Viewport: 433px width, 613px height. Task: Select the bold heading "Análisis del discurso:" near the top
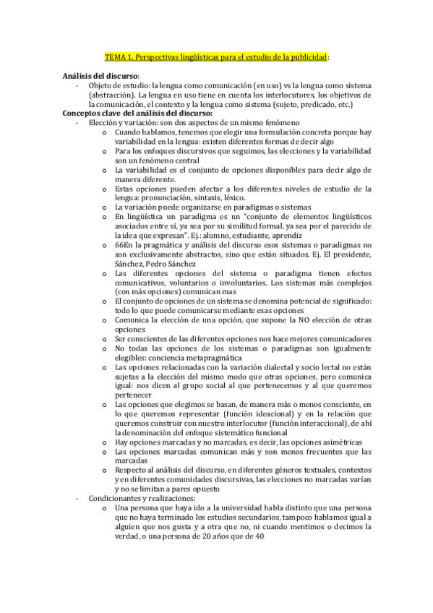click(100, 75)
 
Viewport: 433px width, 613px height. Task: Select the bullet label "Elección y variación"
click(121, 123)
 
